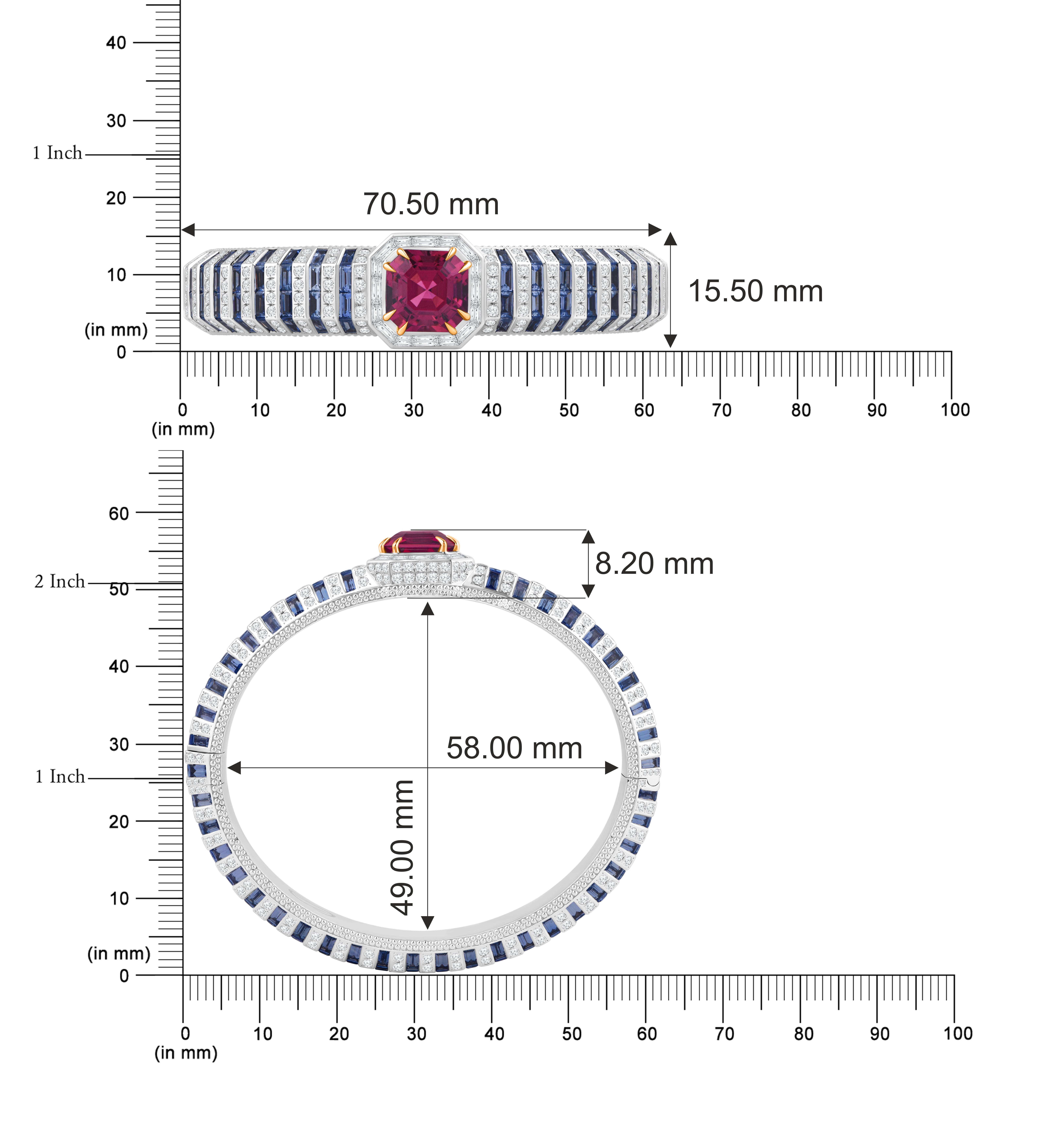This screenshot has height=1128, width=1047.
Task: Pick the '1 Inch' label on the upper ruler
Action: pyautogui.click(x=57, y=153)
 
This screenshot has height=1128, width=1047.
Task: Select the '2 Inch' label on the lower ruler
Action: pyautogui.click(x=60, y=581)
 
